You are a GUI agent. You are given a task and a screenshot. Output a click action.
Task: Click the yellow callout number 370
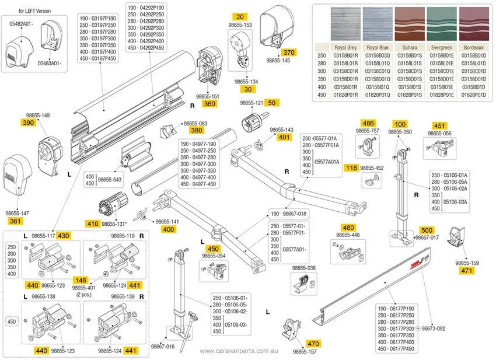point(289,53)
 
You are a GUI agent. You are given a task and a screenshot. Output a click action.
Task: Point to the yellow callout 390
point(29,123)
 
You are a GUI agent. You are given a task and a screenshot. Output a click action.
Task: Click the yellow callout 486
point(368,123)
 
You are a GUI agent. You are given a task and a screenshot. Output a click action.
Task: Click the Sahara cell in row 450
point(409,93)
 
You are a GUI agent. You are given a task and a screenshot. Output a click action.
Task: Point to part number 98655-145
point(278,60)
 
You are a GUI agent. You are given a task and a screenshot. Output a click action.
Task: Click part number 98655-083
point(195,124)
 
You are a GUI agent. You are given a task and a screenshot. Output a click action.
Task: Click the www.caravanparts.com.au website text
point(239,351)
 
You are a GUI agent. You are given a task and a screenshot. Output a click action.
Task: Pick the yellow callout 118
point(351,168)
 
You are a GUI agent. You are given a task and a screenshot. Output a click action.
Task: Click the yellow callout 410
point(92,223)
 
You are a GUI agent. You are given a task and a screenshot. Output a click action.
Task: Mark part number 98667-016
point(163,346)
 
